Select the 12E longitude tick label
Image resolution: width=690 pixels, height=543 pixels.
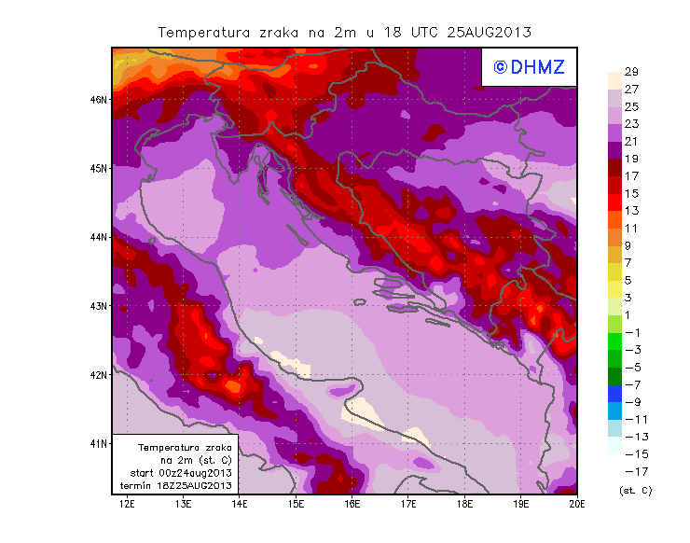tap(127, 504)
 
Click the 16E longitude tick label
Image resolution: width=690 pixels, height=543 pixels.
tap(352, 504)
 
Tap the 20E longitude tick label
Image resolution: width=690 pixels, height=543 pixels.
tap(578, 504)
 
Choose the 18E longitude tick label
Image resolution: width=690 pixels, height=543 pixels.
tap(465, 504)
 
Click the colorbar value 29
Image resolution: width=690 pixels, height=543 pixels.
tap(630, 73)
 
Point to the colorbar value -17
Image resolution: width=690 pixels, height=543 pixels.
tap(632, 471)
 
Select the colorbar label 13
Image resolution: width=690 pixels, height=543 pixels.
tap(630, 211)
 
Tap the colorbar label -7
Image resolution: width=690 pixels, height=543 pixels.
tap(632, 384)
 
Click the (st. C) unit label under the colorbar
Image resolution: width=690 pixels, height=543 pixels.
tap(635, 490)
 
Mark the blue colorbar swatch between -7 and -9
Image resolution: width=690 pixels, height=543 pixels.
tap(615, 393)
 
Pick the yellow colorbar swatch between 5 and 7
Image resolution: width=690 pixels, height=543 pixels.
tap(615, 271)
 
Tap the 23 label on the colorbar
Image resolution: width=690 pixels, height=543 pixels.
tap(630, 124)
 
